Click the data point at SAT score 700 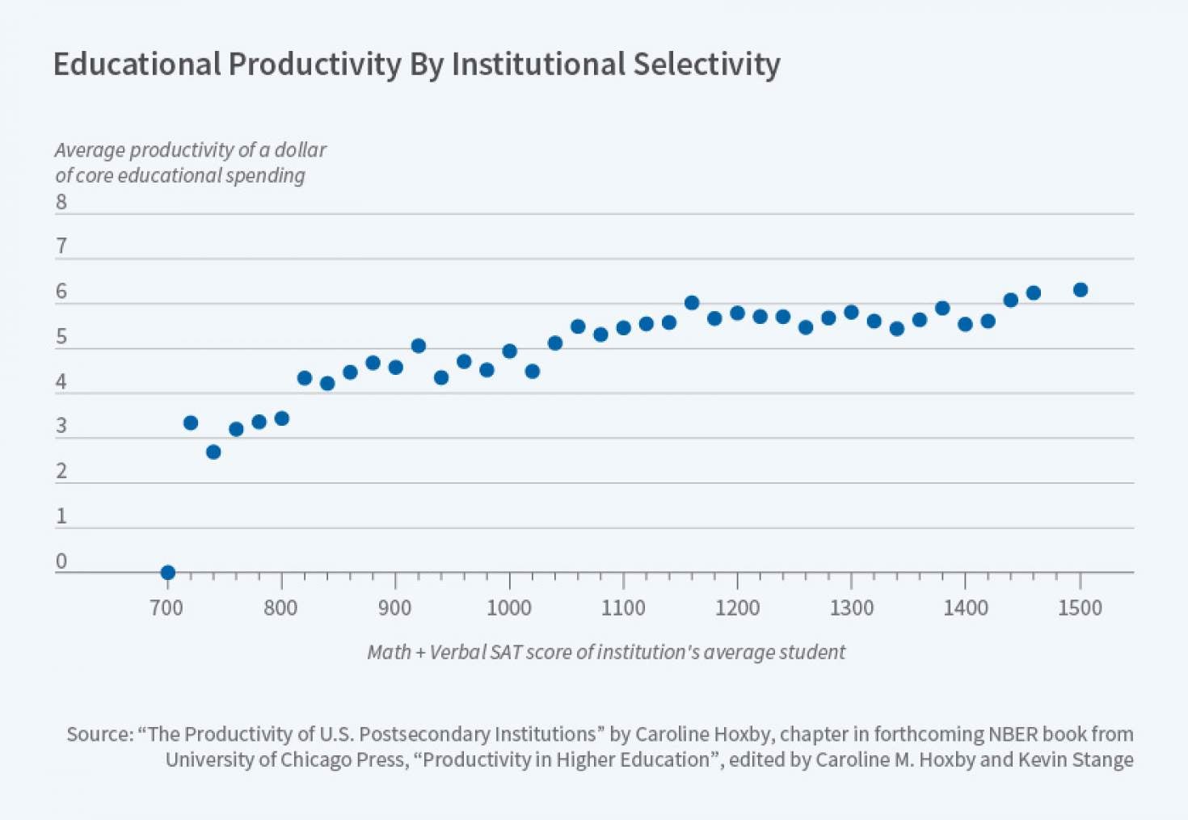click(x=167, y=573)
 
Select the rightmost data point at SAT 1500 click(x=1080, y=290)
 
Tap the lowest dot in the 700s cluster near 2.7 click(x=213, y=452)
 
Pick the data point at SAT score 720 click(x=191, y=423)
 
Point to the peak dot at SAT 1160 click(x=692, y=303)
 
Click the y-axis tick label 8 click(x=61, y=202)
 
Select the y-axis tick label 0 click(x=61, y=561)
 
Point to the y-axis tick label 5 click(x=61, y=337)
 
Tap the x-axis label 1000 click(x=508, y=608)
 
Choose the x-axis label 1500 click(x=1080, y=608)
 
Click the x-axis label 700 click(x=166, y=608)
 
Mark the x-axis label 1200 click(x=737, y=608)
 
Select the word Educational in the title click(x=137, y=65)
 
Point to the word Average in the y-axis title click(x=89, y=150)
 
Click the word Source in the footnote click(x=98, y=734)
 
